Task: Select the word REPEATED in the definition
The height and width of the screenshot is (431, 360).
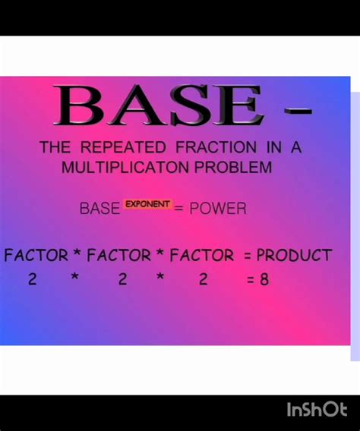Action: pos(124,148)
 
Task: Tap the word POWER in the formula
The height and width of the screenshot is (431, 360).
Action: pos(218,209)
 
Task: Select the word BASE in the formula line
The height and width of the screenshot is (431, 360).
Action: pos(99,209)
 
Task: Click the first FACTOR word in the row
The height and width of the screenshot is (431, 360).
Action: pos(36,256)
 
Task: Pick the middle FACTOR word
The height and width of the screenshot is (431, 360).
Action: pos(119,256)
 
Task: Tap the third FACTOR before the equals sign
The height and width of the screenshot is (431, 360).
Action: pos(201,256)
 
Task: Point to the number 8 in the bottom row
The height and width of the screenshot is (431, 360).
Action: pos(264,279)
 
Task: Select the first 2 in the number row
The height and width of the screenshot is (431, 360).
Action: pos(33,279)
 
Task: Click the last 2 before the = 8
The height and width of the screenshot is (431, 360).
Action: pos(203,279)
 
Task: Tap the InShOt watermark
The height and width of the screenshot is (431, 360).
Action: pos(317,411)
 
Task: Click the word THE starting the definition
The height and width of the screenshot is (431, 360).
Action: pos(55,148)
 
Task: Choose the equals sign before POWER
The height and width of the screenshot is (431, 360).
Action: pos(179,209)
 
